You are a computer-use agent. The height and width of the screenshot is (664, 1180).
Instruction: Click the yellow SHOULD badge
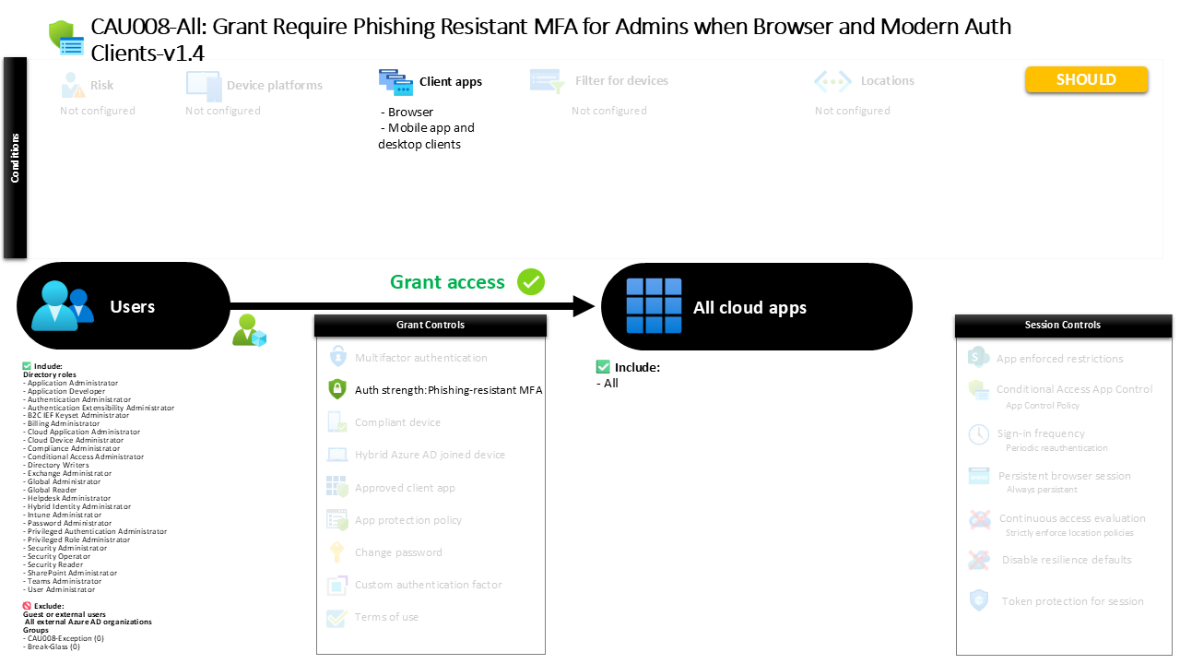1086,80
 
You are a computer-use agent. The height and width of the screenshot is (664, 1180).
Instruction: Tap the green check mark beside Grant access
531,282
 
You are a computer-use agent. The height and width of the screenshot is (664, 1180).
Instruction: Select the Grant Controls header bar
431,326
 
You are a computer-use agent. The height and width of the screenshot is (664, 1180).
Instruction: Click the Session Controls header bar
1062,326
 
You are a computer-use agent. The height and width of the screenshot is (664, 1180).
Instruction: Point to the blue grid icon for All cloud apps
654,306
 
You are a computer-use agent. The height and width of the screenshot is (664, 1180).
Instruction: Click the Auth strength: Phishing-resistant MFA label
448,390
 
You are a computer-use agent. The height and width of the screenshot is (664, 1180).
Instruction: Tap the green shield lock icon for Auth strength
336,390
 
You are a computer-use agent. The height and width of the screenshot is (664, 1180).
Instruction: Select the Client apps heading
450,82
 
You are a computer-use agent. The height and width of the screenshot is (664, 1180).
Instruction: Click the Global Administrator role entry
65,482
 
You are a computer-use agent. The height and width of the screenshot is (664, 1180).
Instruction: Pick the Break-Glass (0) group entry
53,646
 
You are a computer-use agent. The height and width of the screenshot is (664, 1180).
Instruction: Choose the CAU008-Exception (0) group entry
65,638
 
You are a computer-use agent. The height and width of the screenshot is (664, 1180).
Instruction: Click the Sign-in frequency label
1040,433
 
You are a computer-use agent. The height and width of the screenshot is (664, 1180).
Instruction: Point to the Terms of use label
386,617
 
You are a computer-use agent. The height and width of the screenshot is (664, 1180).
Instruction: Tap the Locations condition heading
887,81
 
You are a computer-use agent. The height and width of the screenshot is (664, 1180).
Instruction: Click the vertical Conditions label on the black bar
16,158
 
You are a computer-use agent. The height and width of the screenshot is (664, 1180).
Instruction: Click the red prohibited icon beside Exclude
27,606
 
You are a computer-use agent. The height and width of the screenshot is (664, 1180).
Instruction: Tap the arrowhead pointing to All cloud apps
584,306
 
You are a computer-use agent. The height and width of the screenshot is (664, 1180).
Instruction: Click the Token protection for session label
1072,601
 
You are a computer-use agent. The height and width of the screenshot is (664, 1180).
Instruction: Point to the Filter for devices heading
621,81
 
